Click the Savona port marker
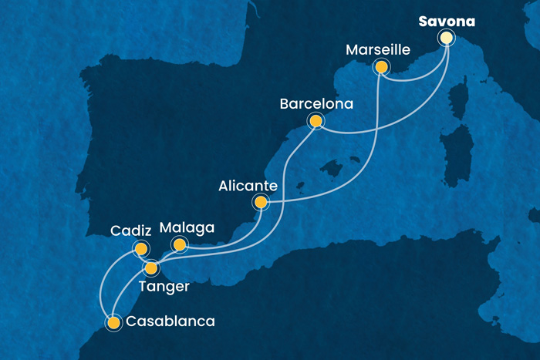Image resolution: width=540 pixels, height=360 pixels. [446, 37]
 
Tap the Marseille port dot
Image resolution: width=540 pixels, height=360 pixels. [380, 67]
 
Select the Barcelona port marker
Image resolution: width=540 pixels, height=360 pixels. [315, 120]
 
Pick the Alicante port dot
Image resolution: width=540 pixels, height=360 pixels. [261, 203]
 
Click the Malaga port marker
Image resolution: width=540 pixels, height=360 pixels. [179, 245]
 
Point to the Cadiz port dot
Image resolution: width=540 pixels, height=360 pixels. [140, 248]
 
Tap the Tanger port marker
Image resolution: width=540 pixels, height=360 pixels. [151, 268]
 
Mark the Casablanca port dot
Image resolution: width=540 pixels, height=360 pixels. [114, 322]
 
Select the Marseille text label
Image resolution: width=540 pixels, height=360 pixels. [377, 49]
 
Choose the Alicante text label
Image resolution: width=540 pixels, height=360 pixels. [246, 185]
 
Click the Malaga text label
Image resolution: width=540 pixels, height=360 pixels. [186, 227]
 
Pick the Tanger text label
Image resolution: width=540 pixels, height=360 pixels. [164, 287]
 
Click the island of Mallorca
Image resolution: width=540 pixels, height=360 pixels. [333, 167]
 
